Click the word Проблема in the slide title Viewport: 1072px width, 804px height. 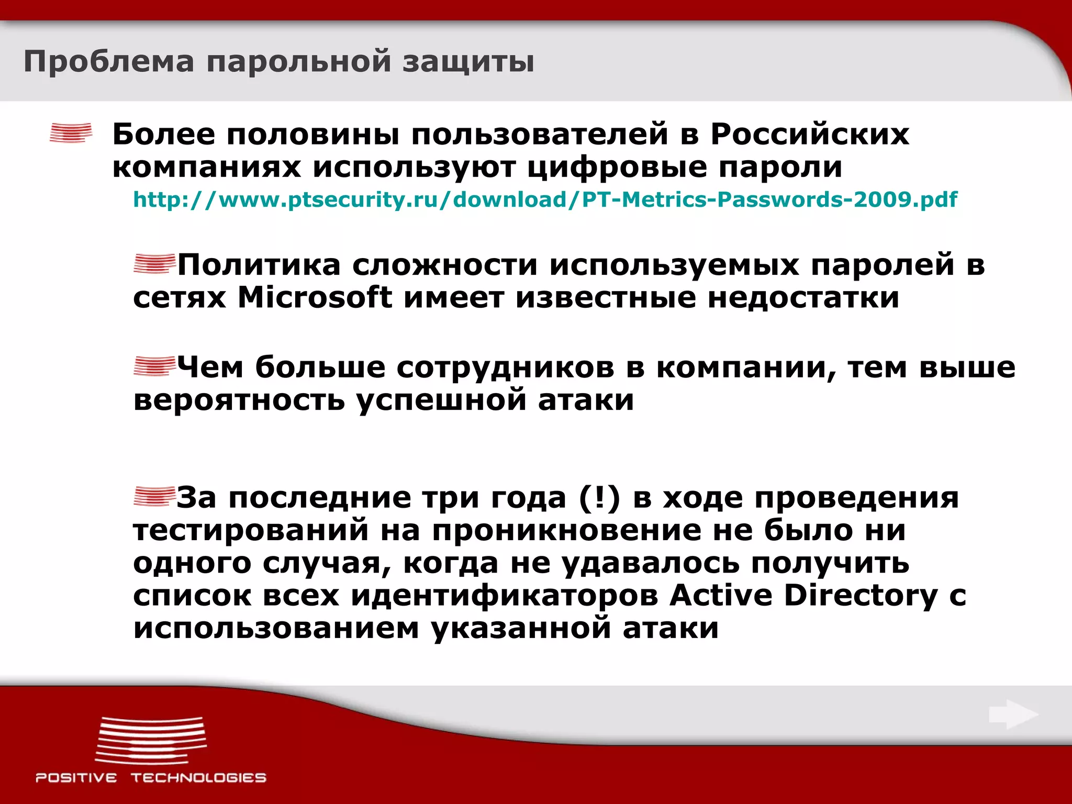pyautogui.click(x=108, y=62)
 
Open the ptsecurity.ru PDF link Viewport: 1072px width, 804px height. pyautogui.click(x=545, y=199)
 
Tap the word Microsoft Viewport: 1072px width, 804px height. pyautogui.click(x=315, y=297)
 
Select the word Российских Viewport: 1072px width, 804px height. pyautogui.click(x=809, y=134)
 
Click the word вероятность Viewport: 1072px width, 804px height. pyautogui.click(x=239, y=400)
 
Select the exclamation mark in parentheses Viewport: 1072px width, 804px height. pyautogui.click(x=599, y=497)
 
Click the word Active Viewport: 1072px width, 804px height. pyautogui.click(x=721, y=595)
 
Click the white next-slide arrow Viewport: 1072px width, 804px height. pyautogui.click(x=1013, y=714)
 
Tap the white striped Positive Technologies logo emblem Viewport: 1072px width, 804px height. pyautogui.click(x=151, y=740)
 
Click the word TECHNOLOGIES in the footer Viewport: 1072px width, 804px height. pyautogui.click(x=198, y=778)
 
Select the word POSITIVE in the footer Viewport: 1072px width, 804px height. pyautogui.click(x=76, y=778)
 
